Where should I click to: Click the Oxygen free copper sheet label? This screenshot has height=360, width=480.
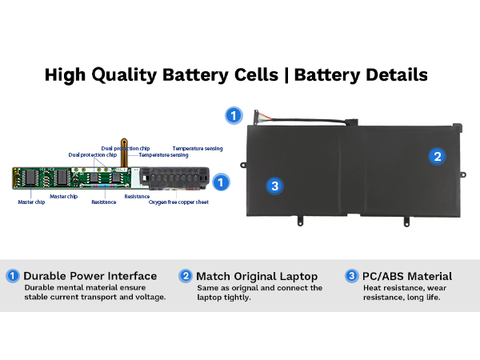coord(179,202)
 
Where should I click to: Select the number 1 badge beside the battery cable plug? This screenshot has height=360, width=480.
coord(233,115)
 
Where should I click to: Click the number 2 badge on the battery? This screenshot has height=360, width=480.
coord(436,157)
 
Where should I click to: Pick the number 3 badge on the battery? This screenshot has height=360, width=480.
coord(274,186)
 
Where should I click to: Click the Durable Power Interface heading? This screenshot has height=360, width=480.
coord(90,276)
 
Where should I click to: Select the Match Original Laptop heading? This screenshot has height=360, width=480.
coord(257,276)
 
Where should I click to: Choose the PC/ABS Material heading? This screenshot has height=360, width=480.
coord(407,276)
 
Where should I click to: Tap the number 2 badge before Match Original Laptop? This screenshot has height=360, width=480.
coord(186,276)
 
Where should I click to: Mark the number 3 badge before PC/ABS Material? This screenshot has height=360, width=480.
coord(352,276)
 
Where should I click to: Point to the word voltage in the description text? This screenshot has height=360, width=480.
coord(146,298)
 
